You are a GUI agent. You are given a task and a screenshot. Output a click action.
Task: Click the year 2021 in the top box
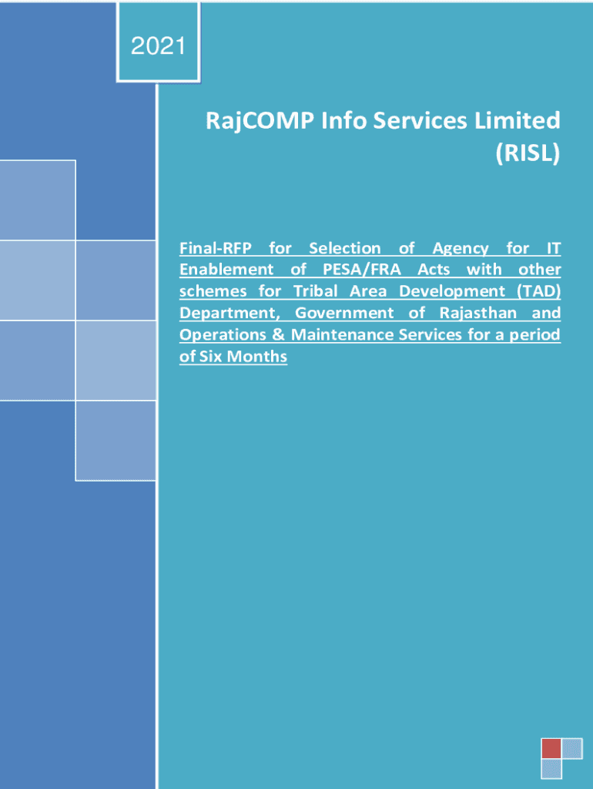click(x=158, y=46)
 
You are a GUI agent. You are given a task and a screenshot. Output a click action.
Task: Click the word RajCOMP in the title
click(x=260, y=122)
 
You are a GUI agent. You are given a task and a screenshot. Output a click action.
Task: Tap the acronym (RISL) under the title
click(x=528, y=153)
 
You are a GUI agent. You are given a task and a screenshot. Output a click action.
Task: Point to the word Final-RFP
click(x=216, y=248)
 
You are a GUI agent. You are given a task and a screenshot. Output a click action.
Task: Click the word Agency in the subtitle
click(x=461, y=249)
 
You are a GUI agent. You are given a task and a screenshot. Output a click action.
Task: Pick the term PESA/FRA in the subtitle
click(x=362, y=270)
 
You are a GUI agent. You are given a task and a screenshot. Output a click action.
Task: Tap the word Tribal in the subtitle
click(x=315, y=291)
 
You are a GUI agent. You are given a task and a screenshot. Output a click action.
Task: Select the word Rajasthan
click(x=477, y=313)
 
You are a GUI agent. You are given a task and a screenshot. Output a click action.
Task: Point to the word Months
click(x=257, y=356)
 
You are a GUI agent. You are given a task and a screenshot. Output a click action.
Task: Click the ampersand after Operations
click(x=279, y=334)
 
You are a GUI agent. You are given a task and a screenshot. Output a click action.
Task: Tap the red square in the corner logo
click(x=551, y=748)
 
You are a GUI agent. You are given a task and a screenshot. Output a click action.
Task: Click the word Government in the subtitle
click(x=344, y=313)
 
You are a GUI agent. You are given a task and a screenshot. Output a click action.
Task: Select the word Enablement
click(x=226, y=270)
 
